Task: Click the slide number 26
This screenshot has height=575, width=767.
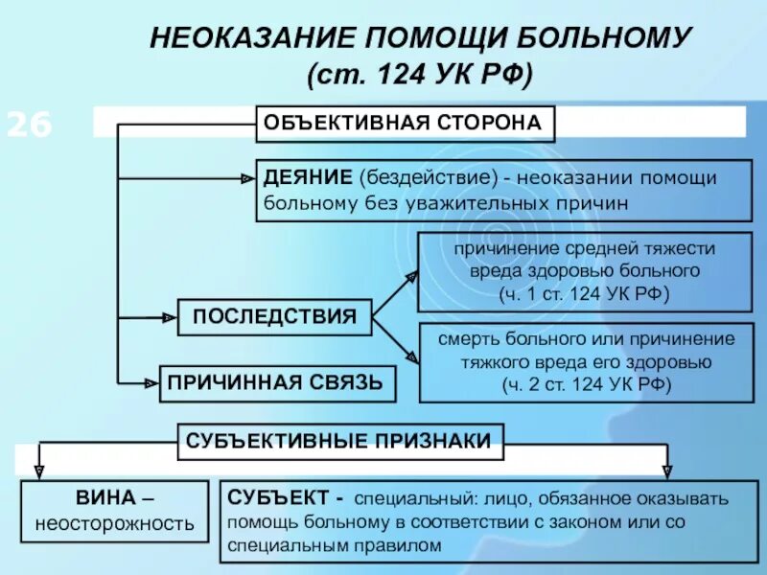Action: (31, 126)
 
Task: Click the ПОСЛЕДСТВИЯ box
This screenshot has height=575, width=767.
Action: (274, 316)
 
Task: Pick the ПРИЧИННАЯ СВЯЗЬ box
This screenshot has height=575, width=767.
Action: (276, 383)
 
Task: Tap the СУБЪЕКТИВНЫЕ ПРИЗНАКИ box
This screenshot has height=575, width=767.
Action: (339, 441)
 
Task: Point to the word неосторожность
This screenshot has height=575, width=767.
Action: (114, 524)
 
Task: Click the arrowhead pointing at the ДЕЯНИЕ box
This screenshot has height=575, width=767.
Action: (247, 177)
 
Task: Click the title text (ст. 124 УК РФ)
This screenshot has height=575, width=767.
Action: (419, 74)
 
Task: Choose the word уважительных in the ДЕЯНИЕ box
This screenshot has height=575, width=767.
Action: (433, 202)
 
